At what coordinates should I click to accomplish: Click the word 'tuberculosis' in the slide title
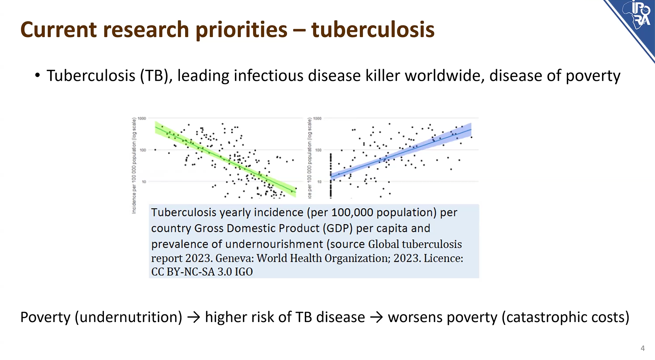coord(372,29)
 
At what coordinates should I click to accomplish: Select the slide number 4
coord(642,348)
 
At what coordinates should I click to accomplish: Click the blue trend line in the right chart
coord(400,154)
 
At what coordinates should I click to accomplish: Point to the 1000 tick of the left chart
coord(142,118)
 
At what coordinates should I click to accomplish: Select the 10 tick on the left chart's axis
coord(144,182)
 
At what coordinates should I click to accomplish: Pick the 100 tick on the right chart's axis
coord(318,150)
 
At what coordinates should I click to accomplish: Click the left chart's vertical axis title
coord(134,166)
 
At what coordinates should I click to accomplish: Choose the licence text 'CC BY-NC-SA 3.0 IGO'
coord(202,272)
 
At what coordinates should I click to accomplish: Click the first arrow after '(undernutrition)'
coord(194,318)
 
